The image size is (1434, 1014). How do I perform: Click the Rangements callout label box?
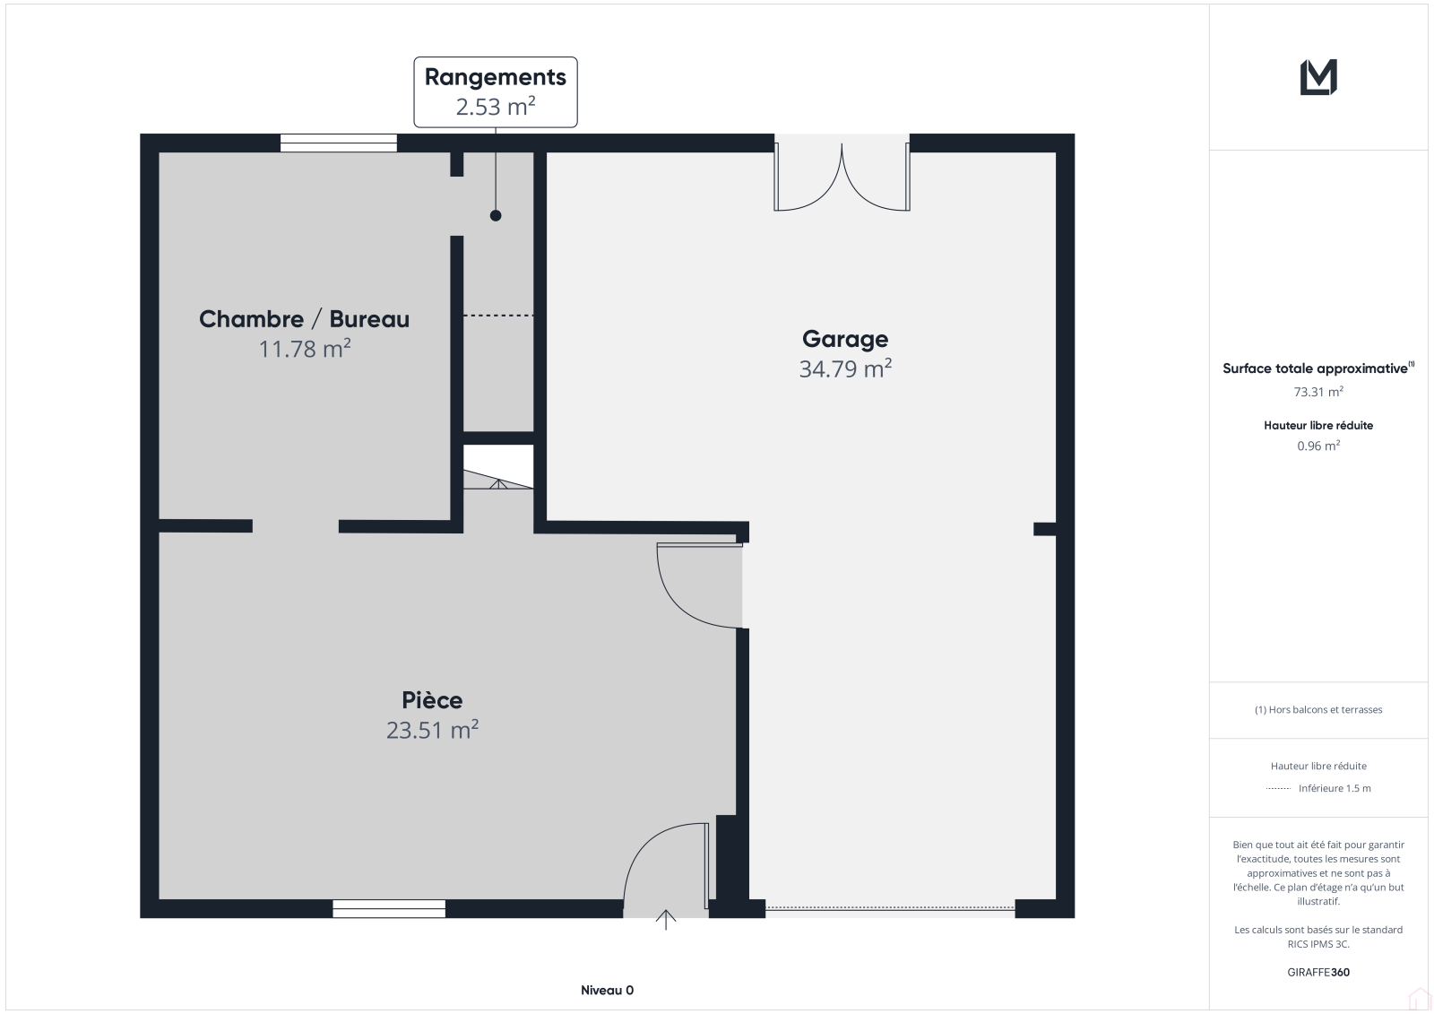pos(496,92)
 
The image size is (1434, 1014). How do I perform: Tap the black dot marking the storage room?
pos(496,216)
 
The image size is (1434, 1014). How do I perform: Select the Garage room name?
pos(845,340)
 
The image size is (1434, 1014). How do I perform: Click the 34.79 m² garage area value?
pos(845,369)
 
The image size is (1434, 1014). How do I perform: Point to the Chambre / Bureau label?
pos(304,319)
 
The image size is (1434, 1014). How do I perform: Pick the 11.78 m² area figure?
pos(304,349)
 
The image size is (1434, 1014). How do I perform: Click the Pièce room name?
pos(432,700)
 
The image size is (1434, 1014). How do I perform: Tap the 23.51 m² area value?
pos(432,730)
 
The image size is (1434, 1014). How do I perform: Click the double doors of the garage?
pos(842,177)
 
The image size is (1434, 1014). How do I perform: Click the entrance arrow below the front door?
pos(666,920)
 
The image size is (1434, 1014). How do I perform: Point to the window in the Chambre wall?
pos(339,143)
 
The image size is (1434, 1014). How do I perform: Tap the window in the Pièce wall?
pos(389,908)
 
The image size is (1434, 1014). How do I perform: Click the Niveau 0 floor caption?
pos(607,991)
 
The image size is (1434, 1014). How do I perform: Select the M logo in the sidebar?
pos(1318,77)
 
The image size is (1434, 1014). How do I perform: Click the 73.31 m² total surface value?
pos(1318,392)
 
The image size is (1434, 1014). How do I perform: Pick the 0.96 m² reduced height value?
pos(1318,446)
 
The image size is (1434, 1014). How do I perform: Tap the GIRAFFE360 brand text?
pos(1318,972)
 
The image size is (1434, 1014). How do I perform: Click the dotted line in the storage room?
pos(498,316)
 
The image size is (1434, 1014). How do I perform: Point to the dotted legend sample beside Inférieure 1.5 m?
pos(1278,789)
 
